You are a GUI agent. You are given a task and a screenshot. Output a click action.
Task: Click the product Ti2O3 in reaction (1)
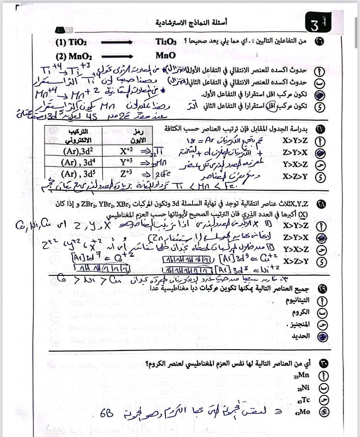click(166, 42)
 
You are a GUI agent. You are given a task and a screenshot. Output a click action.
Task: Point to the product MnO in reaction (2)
click(166, 56)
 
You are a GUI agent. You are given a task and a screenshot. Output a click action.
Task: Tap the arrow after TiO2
click(116, 43)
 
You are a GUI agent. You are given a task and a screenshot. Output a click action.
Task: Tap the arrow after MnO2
click(116, 56)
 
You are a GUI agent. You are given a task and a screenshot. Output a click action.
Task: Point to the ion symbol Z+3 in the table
click(126, 174)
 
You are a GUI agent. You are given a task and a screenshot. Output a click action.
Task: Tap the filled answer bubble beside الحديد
click(323, 337)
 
